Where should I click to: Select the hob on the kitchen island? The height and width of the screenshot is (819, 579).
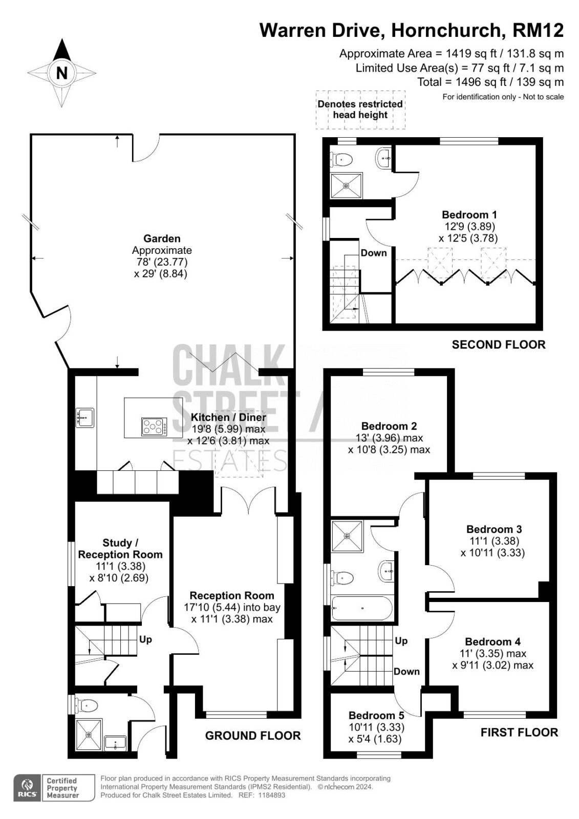coord(155,427)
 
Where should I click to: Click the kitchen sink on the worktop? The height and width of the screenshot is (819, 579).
coord(85,418)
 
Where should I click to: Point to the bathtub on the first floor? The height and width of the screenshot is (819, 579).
coord(362,608)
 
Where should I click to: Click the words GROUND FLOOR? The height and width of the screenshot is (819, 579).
coord(253,736)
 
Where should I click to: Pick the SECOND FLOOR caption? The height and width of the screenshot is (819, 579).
coord(499,344)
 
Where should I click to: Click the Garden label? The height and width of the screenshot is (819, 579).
coord(162,239)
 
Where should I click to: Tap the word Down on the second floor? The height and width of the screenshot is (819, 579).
coord(373,253)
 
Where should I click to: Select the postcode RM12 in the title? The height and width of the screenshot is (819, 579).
coord(538,30)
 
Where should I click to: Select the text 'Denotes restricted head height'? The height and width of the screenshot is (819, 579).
coord(360,110)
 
